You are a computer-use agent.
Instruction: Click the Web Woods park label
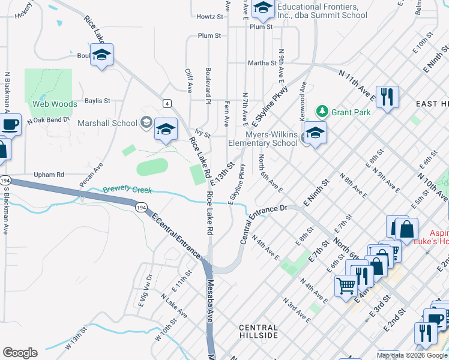coord(55,104)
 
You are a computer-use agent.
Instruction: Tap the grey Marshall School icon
coord(146,124)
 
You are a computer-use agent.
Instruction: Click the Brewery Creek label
coord(127,190)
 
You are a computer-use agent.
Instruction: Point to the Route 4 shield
coord(166,103)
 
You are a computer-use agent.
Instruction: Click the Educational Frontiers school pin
coord(262,8)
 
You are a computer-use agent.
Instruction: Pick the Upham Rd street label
coord(49,175)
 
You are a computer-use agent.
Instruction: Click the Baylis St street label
coord(97,101)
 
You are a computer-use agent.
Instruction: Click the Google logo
coord(20,353)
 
